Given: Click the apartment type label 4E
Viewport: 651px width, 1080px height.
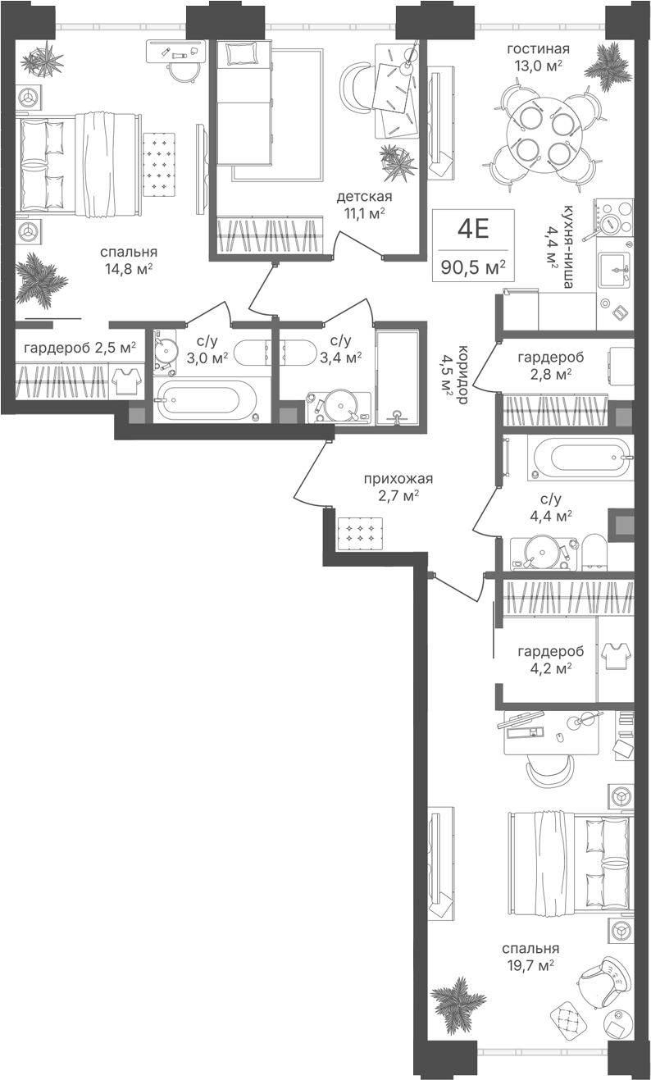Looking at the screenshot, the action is pos(473,229).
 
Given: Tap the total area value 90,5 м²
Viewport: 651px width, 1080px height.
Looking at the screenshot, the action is pos(473,267).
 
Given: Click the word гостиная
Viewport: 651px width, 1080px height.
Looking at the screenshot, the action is pos(538,48).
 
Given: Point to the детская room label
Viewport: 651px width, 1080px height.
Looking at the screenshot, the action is pos(364,197).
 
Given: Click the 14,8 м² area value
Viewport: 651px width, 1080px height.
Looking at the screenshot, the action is pos(129,268).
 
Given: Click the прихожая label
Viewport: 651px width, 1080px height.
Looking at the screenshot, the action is pos(398,479).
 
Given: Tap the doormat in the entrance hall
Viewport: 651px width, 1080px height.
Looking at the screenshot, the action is pos(360,533).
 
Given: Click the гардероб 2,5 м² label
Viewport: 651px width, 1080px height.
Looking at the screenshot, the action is pos(80,348).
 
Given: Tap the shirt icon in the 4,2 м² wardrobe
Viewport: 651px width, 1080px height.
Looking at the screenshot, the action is pos(615,655).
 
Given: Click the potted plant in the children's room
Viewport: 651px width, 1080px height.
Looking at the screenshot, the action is pos(398,162).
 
